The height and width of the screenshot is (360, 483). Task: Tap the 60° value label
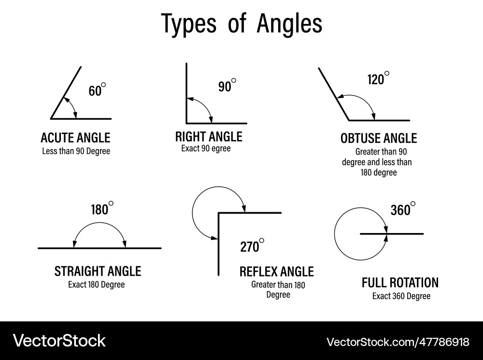tap(96, 90)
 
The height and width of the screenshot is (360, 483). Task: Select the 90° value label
tap(226, 86)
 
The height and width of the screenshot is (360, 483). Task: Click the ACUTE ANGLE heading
tap(75, 138)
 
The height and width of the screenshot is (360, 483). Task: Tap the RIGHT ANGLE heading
tap(209, 137)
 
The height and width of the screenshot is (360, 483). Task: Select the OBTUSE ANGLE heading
tap(378, 138)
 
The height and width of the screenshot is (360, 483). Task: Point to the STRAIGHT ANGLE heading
tap(98, 271)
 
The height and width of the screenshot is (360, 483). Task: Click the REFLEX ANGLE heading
tap(276, 272)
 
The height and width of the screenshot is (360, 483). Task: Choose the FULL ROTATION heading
tap(400, 282)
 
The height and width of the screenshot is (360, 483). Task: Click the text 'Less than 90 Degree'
tap(76, 151)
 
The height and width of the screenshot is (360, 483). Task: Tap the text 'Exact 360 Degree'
tap(401, 296)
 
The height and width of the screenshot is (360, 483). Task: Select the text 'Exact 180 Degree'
tap(96, 285)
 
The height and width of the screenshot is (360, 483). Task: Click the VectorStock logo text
tap(59, 341)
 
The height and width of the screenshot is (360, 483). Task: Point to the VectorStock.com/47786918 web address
tap(398, 342)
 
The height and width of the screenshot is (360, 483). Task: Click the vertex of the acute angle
tap(51, 118)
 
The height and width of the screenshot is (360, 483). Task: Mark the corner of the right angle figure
tap(187, 123)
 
